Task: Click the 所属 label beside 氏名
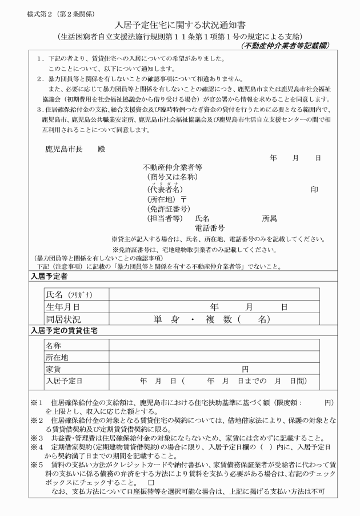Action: pos(269,218)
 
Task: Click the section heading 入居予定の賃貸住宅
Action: pos(63,331)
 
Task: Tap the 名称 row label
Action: pos(54,345)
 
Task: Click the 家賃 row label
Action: pos(54,369)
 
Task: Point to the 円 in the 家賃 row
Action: pos(245,369)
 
